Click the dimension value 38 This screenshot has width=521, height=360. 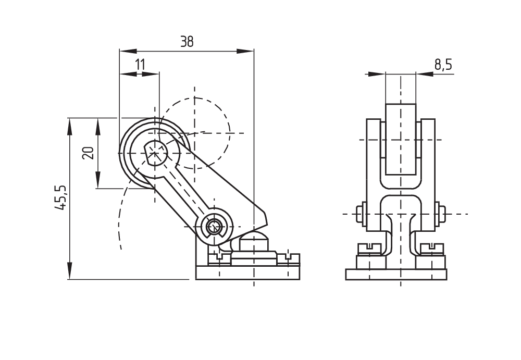click(187, 42)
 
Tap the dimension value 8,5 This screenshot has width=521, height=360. click(443, 65)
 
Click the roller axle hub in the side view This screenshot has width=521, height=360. click(155, 153)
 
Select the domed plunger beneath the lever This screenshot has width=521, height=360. click(253, 242)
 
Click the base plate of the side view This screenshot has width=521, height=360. click(247, 273)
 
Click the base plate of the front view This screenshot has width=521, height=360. click(396, 274)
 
